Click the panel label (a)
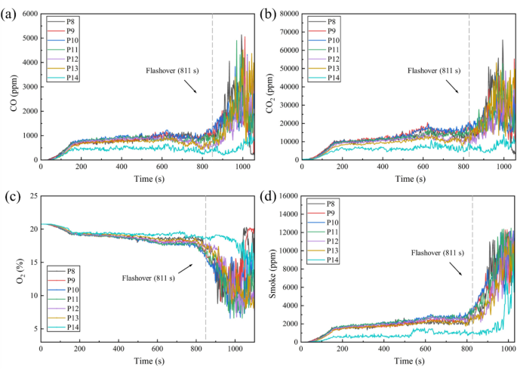(x=10, y=13)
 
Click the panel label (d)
(x=268, y=198)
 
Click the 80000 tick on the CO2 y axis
(x=286, y=14)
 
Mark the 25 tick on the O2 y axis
(x=32, y=195)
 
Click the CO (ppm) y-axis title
(x=13, y=87)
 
